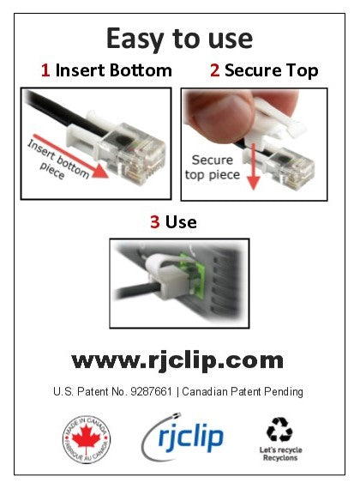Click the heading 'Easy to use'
pos(179,38)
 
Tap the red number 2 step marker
pos(214,70)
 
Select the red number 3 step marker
pos(155,222)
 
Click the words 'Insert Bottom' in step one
pos(113,70)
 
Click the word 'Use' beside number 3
pos(181,222)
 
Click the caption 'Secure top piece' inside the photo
pos(211,167)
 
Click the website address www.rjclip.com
pos(177,358)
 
